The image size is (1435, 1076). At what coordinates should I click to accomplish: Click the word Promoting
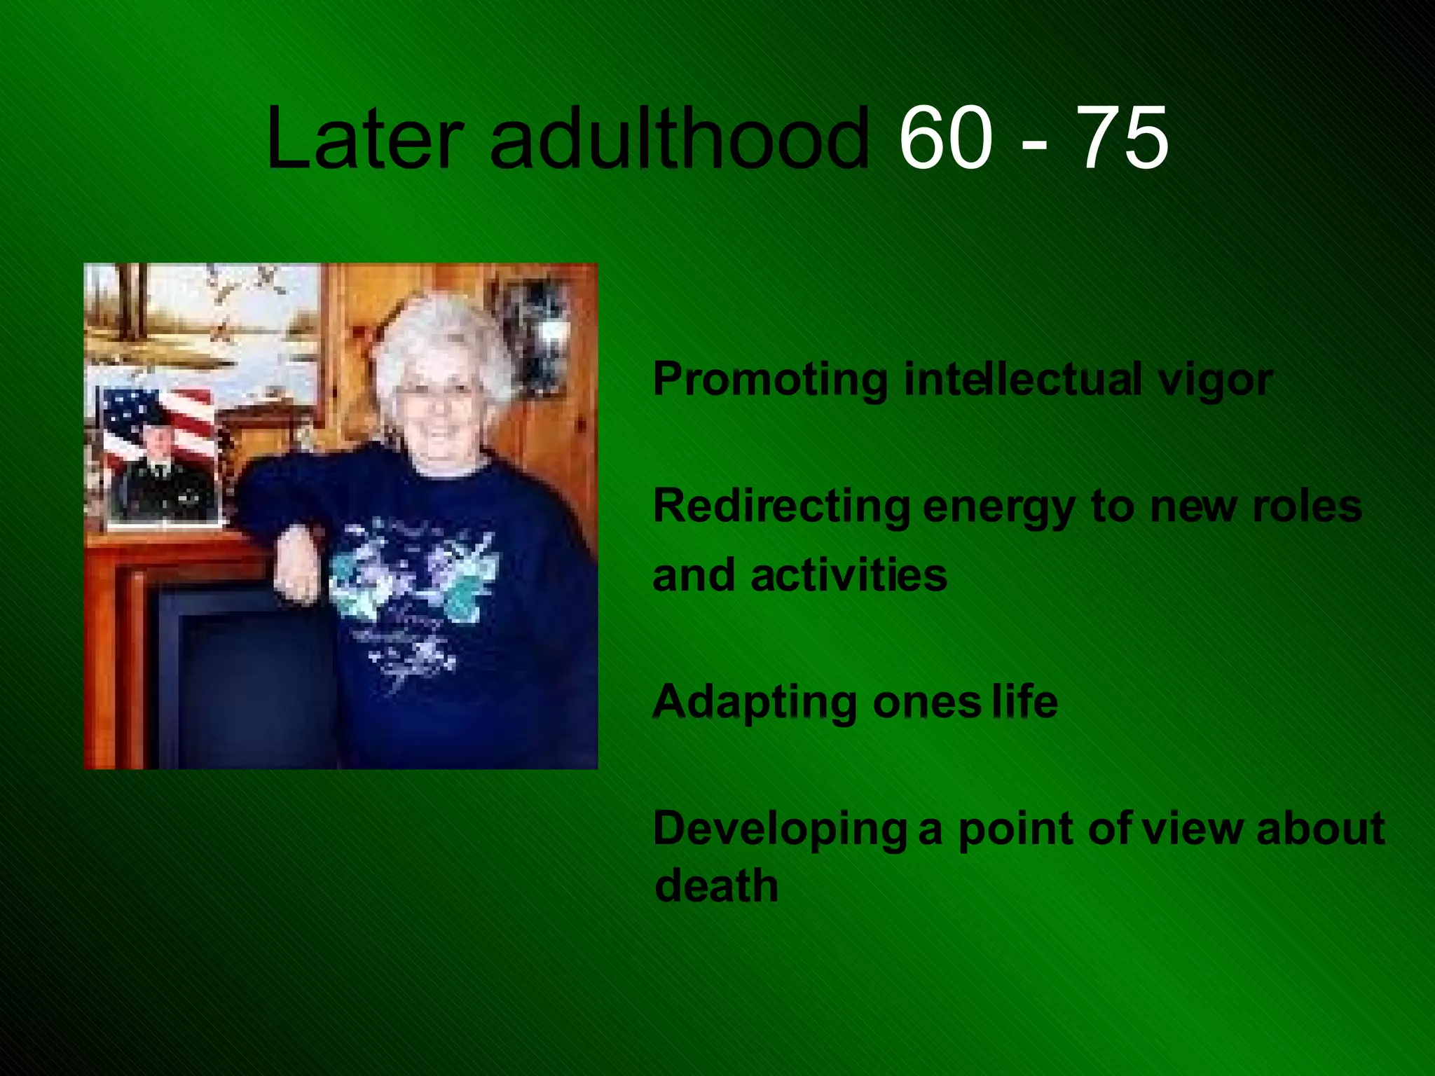click(x=770, y=380)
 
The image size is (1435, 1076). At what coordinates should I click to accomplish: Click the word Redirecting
click(x=781, y=506)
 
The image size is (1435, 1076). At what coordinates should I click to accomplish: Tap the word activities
click(x=849, y=575)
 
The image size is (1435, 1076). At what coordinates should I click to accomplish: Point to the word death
click(x=716, y=885)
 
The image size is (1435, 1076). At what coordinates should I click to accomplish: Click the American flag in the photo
click(x=158, y=417)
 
